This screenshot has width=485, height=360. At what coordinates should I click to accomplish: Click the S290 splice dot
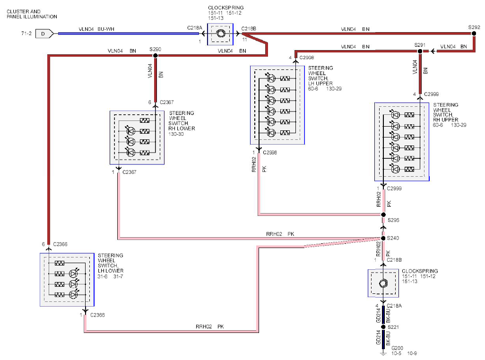coord(155,56)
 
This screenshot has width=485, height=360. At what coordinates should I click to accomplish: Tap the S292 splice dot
coord(474,34)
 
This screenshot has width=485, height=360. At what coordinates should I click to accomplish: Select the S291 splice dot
coord(420,51)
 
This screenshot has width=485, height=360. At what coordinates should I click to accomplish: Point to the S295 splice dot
coord(383,214)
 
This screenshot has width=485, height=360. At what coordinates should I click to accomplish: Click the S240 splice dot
coord(383,238)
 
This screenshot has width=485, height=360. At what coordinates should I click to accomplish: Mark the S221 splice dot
coord(383,327)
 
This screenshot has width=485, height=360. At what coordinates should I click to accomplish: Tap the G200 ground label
coord(397,348)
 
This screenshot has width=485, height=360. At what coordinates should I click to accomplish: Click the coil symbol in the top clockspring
coord(221,34)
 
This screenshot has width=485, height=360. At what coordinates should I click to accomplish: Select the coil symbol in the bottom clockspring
coord(383,283)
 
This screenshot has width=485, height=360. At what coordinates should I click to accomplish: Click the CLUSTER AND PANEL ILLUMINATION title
coord(32,14)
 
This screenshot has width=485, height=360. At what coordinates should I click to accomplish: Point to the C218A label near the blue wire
coord(195,28)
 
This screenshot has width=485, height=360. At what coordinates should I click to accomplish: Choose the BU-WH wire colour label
coord(106,29)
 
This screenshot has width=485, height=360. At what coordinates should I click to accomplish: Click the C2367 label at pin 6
coord(167,102)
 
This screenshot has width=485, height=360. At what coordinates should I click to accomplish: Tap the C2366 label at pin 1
coord(97,315)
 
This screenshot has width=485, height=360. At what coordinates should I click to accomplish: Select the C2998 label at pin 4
coord(306,58)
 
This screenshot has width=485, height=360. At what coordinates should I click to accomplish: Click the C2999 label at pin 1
coord(394,188)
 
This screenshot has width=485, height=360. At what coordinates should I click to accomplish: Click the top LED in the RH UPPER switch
coord(395,115)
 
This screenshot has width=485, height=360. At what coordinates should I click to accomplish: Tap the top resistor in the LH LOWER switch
coord(60,263)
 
